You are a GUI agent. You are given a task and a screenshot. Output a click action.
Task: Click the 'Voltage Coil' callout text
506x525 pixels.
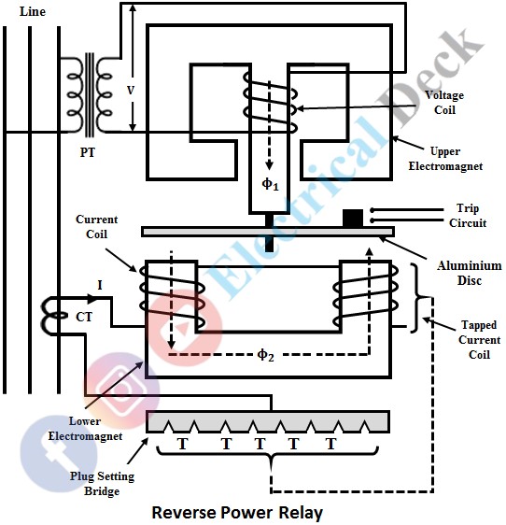point(444,102)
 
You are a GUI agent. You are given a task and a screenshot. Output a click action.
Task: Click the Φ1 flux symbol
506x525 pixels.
point(270,184)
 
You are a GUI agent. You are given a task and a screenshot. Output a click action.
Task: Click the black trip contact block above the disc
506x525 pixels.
point(353,218)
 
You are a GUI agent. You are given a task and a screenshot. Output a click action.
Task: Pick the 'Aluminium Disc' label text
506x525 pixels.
point(462,273)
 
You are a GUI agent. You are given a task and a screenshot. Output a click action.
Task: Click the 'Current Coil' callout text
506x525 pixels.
point(97,225)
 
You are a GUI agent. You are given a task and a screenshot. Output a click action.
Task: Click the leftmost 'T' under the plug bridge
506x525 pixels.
point(190,445)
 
